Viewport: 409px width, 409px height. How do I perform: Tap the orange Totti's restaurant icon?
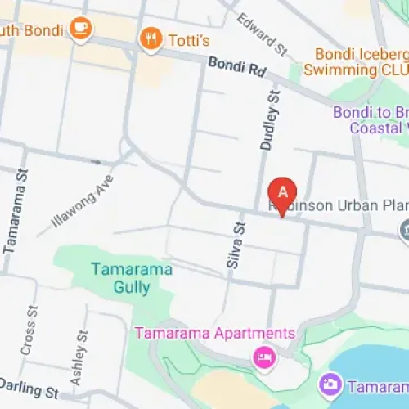[x=151, y=38]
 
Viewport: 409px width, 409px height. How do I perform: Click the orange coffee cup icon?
[x=81, y=29]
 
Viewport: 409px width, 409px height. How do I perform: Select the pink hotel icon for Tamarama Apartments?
[x=263, y=357]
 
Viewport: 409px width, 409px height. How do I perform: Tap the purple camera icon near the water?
[x=330, y=384]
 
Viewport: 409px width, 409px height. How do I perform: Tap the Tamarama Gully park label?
[x=120, y=278]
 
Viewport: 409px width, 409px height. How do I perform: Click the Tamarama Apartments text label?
[x=214, y=334]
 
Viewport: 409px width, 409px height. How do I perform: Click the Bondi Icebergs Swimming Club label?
[x=356, y=61]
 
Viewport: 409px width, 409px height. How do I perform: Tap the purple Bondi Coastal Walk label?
[x=372, y=120]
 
